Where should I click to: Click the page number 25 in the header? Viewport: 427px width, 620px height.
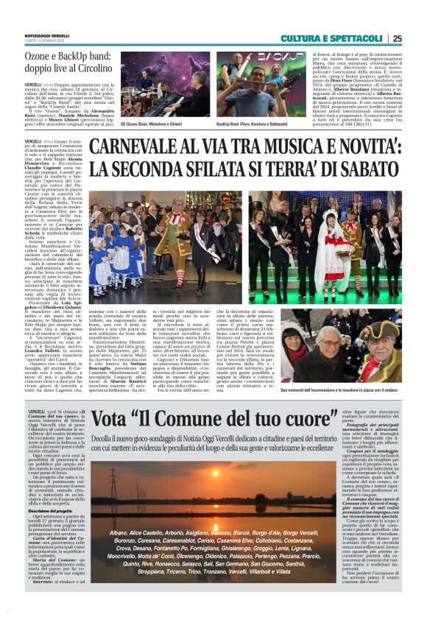pos(417,38)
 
